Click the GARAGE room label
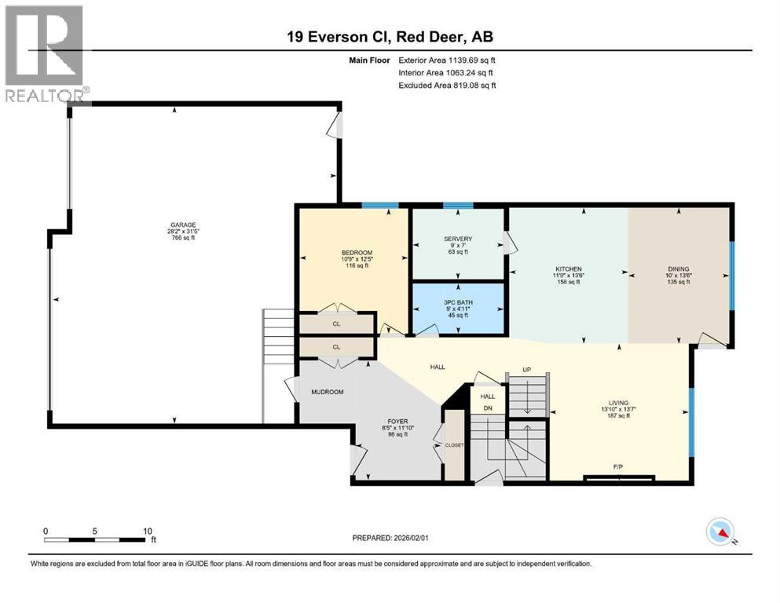point(172,226)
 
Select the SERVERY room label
point(458,239)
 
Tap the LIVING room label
point(617,403)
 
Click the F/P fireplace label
point(618,466)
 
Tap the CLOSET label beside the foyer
point(455,445)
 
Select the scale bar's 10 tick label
point(147,531)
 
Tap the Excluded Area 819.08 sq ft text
point(447,86)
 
